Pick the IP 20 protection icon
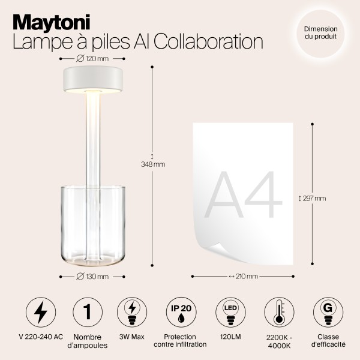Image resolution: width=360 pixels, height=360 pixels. pyautogui.click(x=179, y=312)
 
